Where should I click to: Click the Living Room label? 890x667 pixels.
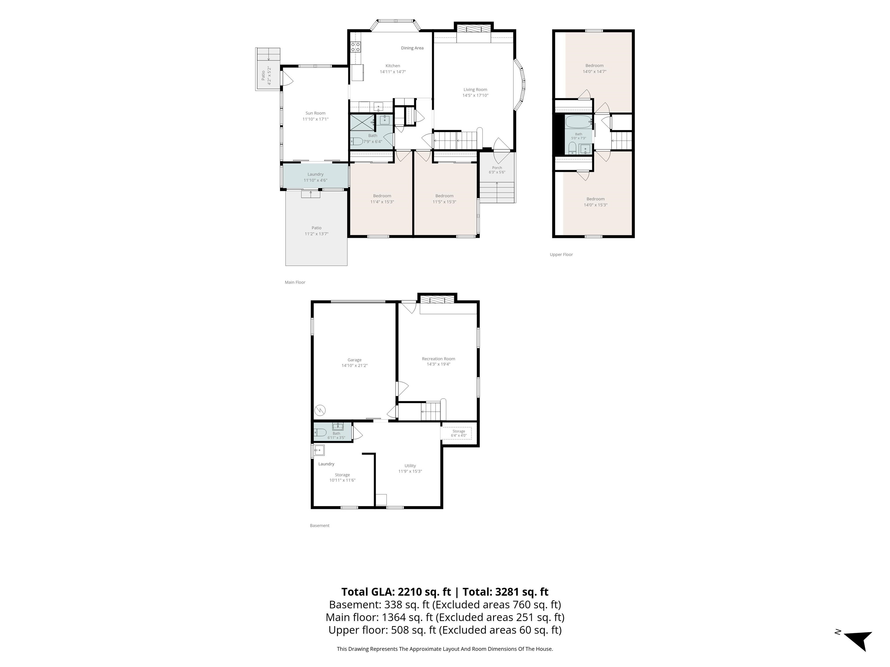click(475, 90)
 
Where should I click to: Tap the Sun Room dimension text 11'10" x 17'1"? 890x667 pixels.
click(315, 119)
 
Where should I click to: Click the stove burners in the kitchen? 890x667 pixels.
click(356, 47)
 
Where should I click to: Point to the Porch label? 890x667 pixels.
click(497, 168)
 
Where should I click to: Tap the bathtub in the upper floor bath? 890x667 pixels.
click(579, 121)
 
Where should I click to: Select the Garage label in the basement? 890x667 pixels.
click(355, 360)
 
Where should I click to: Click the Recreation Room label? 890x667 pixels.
click(439, 359)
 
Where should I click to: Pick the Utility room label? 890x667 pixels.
click(410, 466)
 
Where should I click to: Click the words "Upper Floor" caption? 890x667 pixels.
click(561, 254)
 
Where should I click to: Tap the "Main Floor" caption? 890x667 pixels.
click(295, 282)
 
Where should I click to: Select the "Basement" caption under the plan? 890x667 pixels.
click(320, 525)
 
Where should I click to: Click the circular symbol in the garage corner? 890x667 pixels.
click(320, 410)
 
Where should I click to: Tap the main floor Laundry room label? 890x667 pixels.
click(315, 174)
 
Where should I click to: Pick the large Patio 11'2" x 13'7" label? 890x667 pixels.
click(317, 231)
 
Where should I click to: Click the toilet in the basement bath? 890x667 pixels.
click(320, 432)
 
